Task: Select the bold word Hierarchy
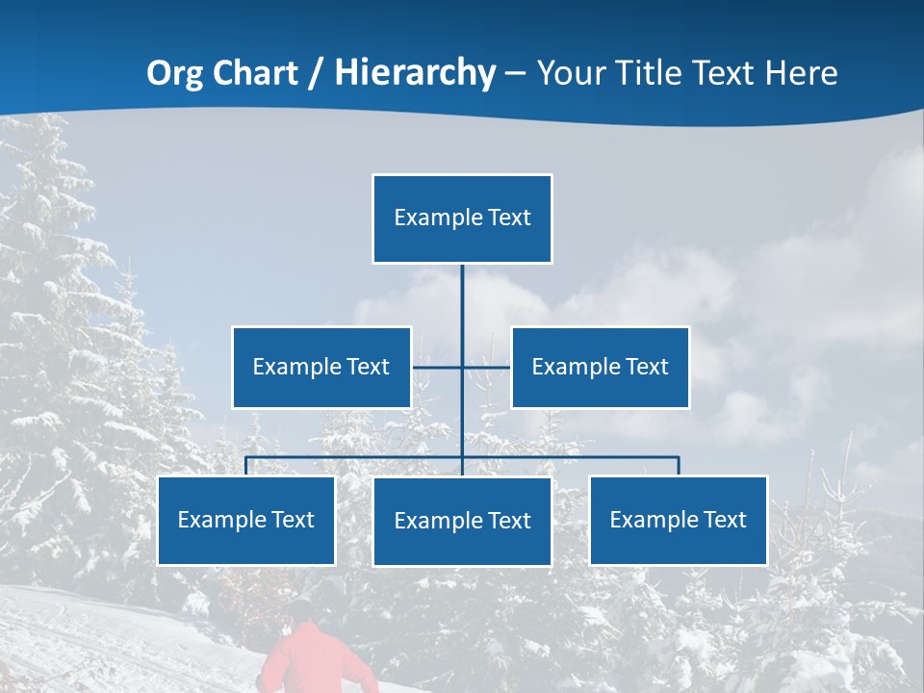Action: (x=415, y=73)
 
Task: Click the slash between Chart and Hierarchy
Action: (x=315, y=74)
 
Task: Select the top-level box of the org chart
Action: (x=462, y=218)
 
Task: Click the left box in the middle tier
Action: (x=321, y=367)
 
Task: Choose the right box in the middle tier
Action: (x=601, y=367)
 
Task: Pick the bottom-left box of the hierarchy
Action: (x=246, y=521)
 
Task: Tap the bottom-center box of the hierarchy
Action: (x=462, y=522)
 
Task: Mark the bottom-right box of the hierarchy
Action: (x=679, y=521)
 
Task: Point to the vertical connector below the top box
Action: (x=462, y=298)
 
